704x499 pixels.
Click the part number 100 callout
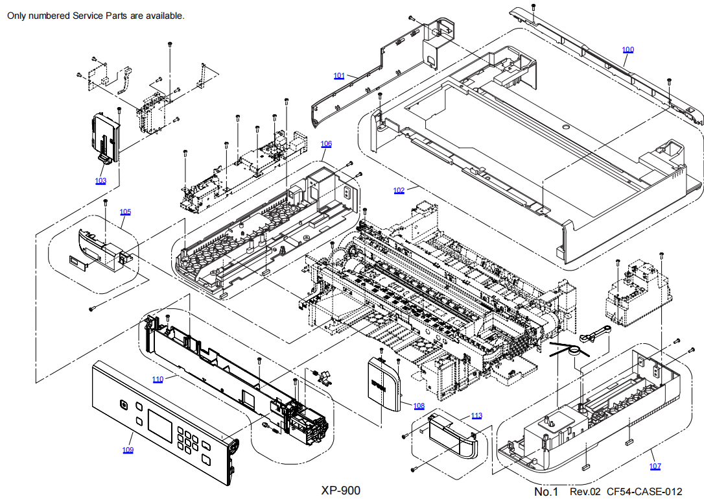click(628, 50)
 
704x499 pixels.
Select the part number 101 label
click(339, 76)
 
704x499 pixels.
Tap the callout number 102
click(399, 191)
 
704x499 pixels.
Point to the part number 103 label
click(100, 181)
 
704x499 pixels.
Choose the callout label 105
click(125, 212)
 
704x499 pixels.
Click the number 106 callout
click(326, 143)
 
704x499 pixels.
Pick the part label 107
click(655, 467)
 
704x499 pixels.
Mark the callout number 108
click(419, 406)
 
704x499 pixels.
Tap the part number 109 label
click(128, 450)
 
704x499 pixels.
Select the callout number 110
click(158, 379)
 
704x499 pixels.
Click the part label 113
click(476, 416)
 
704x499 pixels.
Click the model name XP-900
click(340, 491)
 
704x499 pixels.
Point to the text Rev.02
click(585, 492)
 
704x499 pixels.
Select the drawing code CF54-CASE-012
click(644, 492)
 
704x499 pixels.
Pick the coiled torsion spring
click(572, 350)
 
